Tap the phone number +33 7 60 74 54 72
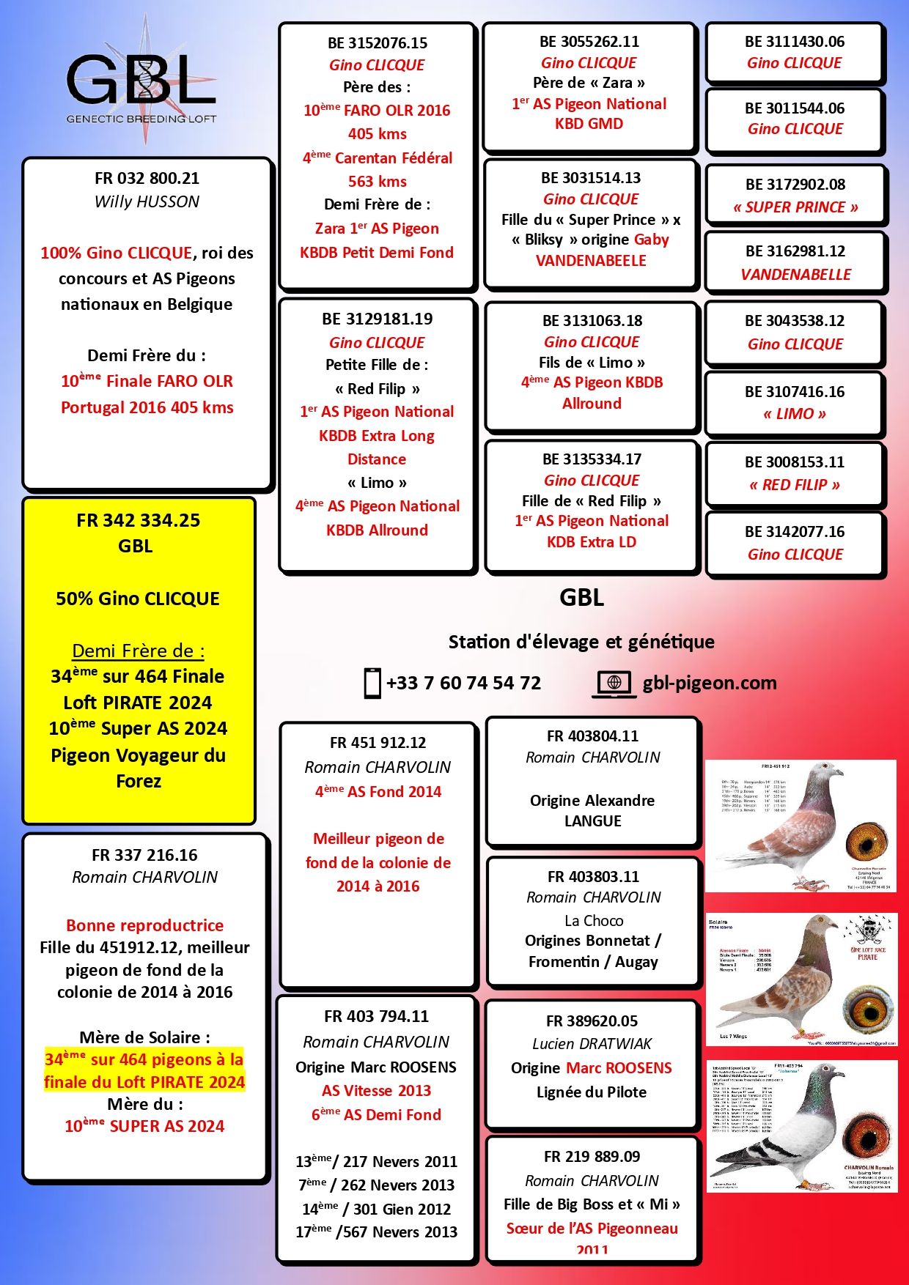(x=463, y=684)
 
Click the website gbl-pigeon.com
(x=709, y=684)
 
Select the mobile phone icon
(x=372, y=684)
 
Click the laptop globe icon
(x=614, y=684)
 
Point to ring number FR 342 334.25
(x=138, y=521)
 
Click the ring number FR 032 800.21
(x=147, y=179)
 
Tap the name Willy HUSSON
(x=147, y=202)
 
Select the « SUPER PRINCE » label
(x=795, y=207)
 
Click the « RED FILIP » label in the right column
(x=795, y=485)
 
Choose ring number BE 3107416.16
(x=795, y=392)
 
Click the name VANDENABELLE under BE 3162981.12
(x=795, y=275)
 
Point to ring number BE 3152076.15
(x=378, y=43)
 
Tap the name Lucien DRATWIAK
(x=592, y=1044)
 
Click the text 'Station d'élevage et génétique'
(x=581, y=642)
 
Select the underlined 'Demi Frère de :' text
(x=138, y=651)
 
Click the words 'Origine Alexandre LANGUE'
(x=592, y=811)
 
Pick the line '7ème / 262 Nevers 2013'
(x=376, y=1185)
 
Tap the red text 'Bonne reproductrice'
(x=145, y=925)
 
